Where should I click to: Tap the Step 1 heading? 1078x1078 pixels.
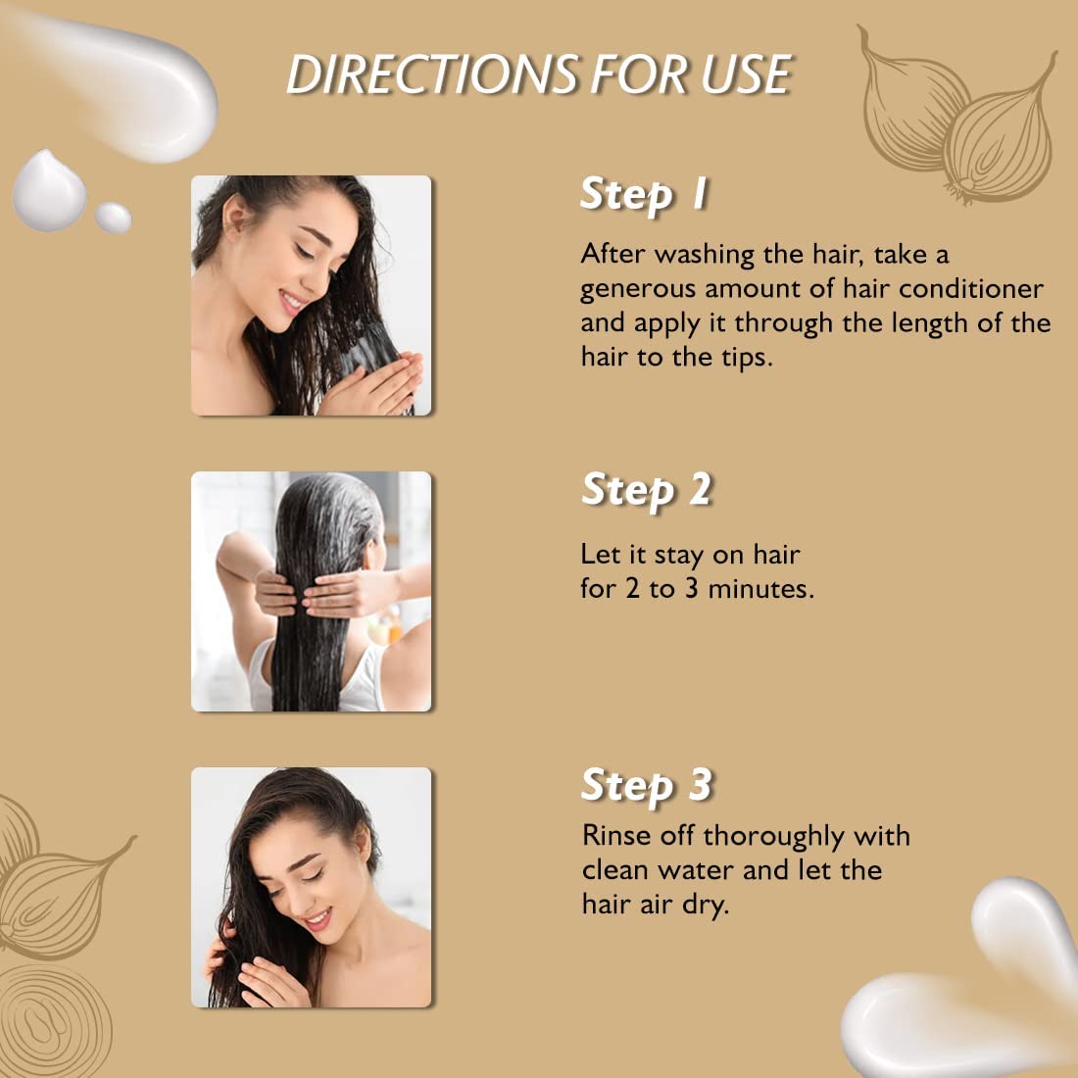click(644, 194)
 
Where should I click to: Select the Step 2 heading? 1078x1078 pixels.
click(646, 490)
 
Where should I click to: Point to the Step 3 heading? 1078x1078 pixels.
click(646, 786)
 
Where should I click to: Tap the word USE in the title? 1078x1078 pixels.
click(746, 75)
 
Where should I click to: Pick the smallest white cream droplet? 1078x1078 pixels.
click(113, 218)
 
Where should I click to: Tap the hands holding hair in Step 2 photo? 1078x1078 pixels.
click(323, 593)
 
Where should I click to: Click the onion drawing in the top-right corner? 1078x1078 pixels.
click(955, 122)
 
